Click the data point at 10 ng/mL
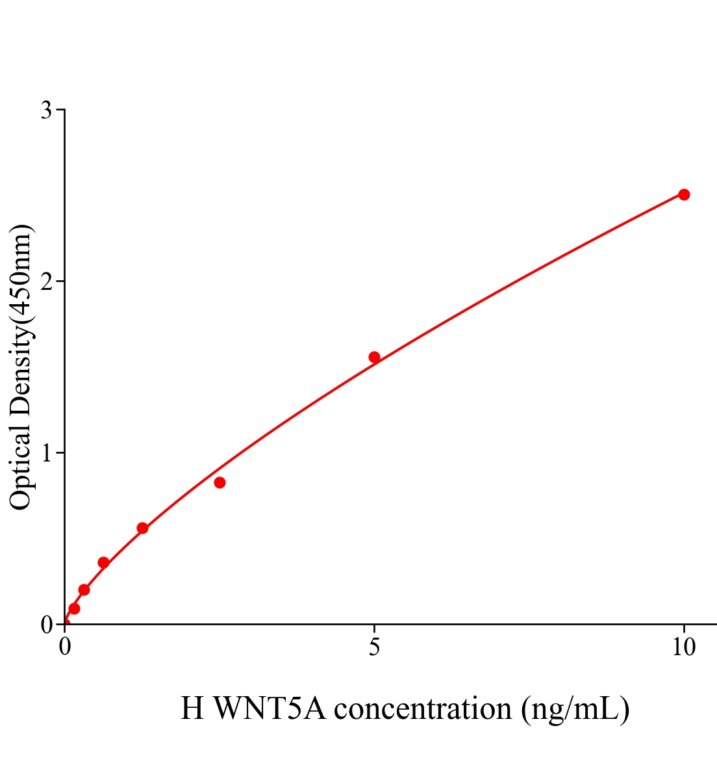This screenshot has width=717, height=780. [684, 194]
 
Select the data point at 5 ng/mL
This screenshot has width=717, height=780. [374, 357]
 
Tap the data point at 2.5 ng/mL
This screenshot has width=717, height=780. [220, 482]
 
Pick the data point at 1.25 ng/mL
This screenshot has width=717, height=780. [142, 528]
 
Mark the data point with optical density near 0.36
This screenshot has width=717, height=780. [103, 562]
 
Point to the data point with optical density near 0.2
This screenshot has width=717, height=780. [84, 590]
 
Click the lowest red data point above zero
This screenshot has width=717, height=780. [74, 608]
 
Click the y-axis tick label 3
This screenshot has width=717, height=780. [46, 110]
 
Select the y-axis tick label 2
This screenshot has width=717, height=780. [46, 281]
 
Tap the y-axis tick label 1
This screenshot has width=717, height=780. [46, 453]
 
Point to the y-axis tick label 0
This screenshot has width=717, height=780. [46, 625]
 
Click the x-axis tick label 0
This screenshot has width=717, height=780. [65, 647]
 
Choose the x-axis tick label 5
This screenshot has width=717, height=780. [374, 647]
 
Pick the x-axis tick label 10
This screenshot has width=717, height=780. [684, 647]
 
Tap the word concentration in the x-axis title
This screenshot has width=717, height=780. [422, 708]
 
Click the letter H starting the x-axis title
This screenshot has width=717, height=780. [192, 708]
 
